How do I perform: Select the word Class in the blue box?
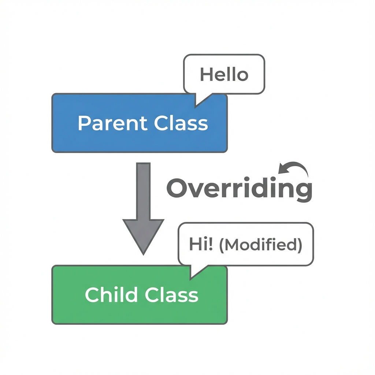pyautogui.click(x=181, y=123)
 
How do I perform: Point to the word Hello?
pyautogui.click(x=224, y=75)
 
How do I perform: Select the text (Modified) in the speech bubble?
pyautogui.click(x=260, y=245)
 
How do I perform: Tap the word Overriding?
pyautogui.click(x=239, y=189)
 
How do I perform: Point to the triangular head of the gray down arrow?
pyautogui.click(x=143, y=234)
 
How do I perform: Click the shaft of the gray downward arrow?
pyautogui.click(x=143, y=190)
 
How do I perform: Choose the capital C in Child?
pyautogui.click(x=93, y=294)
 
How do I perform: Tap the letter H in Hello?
pyautogui.click(x=206, y=75)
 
